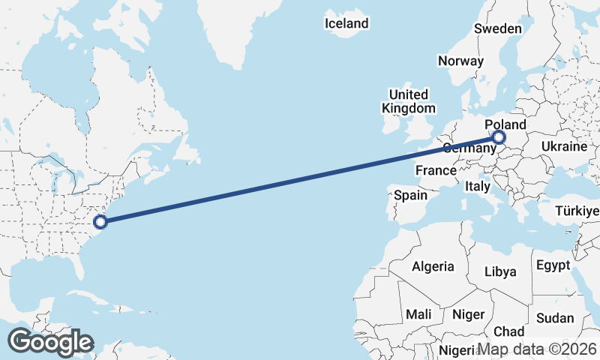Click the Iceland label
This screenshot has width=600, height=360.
pyautogui.click(x=346, y=23)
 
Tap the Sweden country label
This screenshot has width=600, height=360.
pyautogui.click(x=497, y=28)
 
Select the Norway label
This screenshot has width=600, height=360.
pyautogui.click(x=460, y=61)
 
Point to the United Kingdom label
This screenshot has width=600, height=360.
pyautogui.click(x=408, y=101)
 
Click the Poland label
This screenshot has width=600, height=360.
pyautogui.click(x=505, y=124)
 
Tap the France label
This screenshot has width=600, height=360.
pyautogui.click(x=436, y=170)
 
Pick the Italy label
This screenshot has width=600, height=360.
pyautogui.click(x=478, y=186)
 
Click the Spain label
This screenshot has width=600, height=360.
pyautogui.click(x=410, y=196)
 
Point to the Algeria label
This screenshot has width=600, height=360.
pyautogui.click(x=433, y=266)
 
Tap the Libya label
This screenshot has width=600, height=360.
pyautogui.click(x=500, y=271)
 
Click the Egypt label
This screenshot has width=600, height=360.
pyautogui.click(x=553, y=265)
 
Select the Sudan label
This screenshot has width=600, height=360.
pyautogui.click(x=555, y=318)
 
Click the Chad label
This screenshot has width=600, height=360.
pyautogui.click(x=509, y=331)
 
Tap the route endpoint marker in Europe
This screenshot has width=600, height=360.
pyautogui.click(x=498, y=137)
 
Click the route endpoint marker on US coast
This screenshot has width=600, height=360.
pyautogui.click(x=100, y=221)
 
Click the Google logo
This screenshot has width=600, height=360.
pyautogui.click(x=50, y=342)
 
